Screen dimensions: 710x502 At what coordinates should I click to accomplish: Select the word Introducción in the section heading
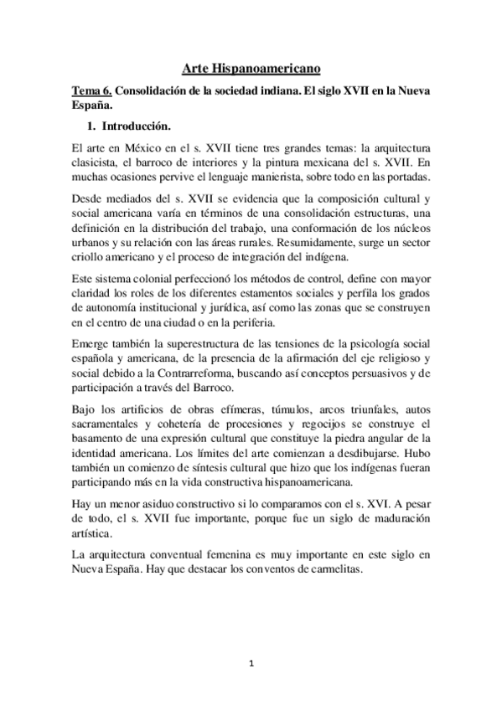click(135, 127)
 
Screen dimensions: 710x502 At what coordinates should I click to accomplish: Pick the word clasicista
click(100, 162)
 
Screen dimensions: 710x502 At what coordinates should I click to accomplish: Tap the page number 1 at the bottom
click(251, 664)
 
